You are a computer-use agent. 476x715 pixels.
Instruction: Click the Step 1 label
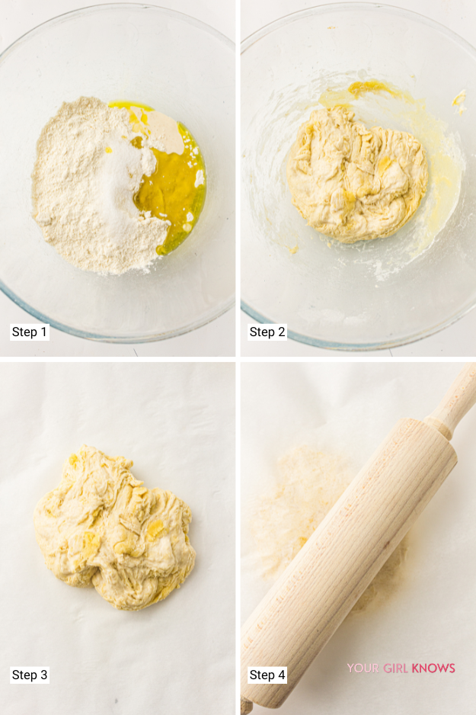[30, 332]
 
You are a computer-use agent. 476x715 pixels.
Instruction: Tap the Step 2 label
[267, 332]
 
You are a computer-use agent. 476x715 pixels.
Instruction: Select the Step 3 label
[30, 675]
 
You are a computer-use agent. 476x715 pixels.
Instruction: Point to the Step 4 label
[267, 675]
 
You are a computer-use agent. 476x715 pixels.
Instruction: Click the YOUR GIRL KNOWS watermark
[401, 669]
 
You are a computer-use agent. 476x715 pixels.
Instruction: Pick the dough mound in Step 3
[114, 526]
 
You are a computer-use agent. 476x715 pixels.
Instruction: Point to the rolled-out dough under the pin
[297, 488]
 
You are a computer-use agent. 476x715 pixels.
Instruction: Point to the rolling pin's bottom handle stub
[246, 704]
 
